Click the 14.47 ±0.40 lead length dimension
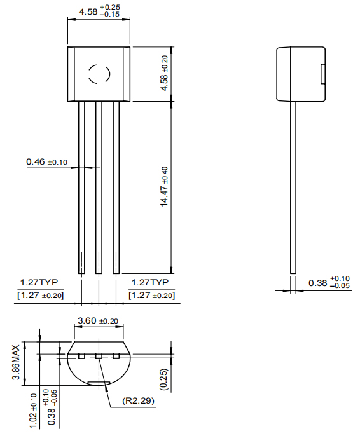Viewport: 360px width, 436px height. tap(164, 186)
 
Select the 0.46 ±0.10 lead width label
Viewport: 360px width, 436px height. tap(47, 162)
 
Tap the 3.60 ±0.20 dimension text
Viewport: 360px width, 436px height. tap(97, 321)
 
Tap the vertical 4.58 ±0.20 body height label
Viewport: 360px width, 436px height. tap(164, 73)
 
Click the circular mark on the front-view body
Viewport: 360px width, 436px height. tap(99, 74)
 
